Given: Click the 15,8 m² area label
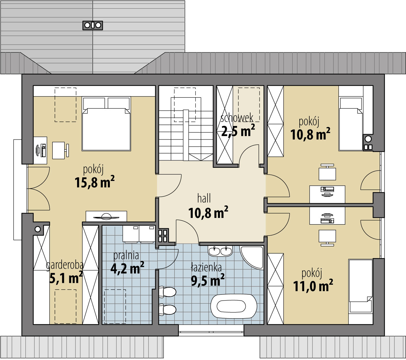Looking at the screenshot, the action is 94,182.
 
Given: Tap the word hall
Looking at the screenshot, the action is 204,198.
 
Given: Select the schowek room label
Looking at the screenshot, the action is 237,118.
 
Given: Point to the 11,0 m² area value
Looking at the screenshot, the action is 313,285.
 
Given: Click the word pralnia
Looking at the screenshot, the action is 126,256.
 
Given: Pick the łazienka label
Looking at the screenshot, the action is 206,268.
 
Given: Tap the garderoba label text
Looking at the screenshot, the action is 65,265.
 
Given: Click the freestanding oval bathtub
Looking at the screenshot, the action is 234,306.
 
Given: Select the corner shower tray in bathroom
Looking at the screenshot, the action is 252,258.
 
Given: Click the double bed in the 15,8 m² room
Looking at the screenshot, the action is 106,124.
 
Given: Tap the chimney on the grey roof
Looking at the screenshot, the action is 93,25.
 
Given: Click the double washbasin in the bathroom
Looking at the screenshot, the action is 220,251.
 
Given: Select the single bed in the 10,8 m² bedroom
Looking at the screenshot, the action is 351,124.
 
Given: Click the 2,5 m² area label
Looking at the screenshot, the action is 238,131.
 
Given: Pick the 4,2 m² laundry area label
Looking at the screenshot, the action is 127,268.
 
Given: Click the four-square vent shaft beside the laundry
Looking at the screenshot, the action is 163,236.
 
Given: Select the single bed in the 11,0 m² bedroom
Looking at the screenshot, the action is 360,286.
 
